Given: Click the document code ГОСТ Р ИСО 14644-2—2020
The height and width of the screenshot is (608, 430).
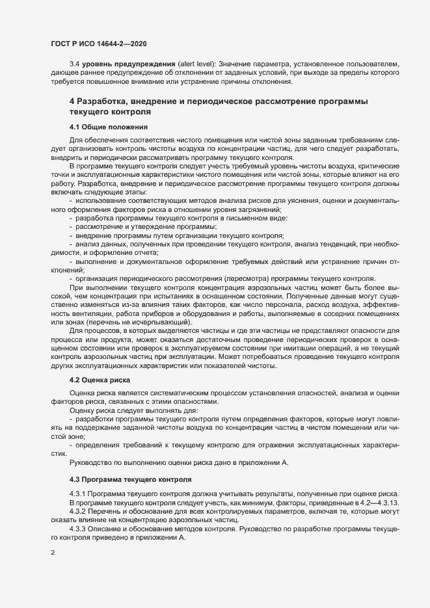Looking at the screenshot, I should click(98, 43).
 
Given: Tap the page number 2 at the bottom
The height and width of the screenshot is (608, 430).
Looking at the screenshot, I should click(53, 553).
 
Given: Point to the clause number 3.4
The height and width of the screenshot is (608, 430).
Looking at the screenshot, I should click(74, 65).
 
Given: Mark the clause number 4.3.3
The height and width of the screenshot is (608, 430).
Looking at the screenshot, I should click(79, 531).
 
